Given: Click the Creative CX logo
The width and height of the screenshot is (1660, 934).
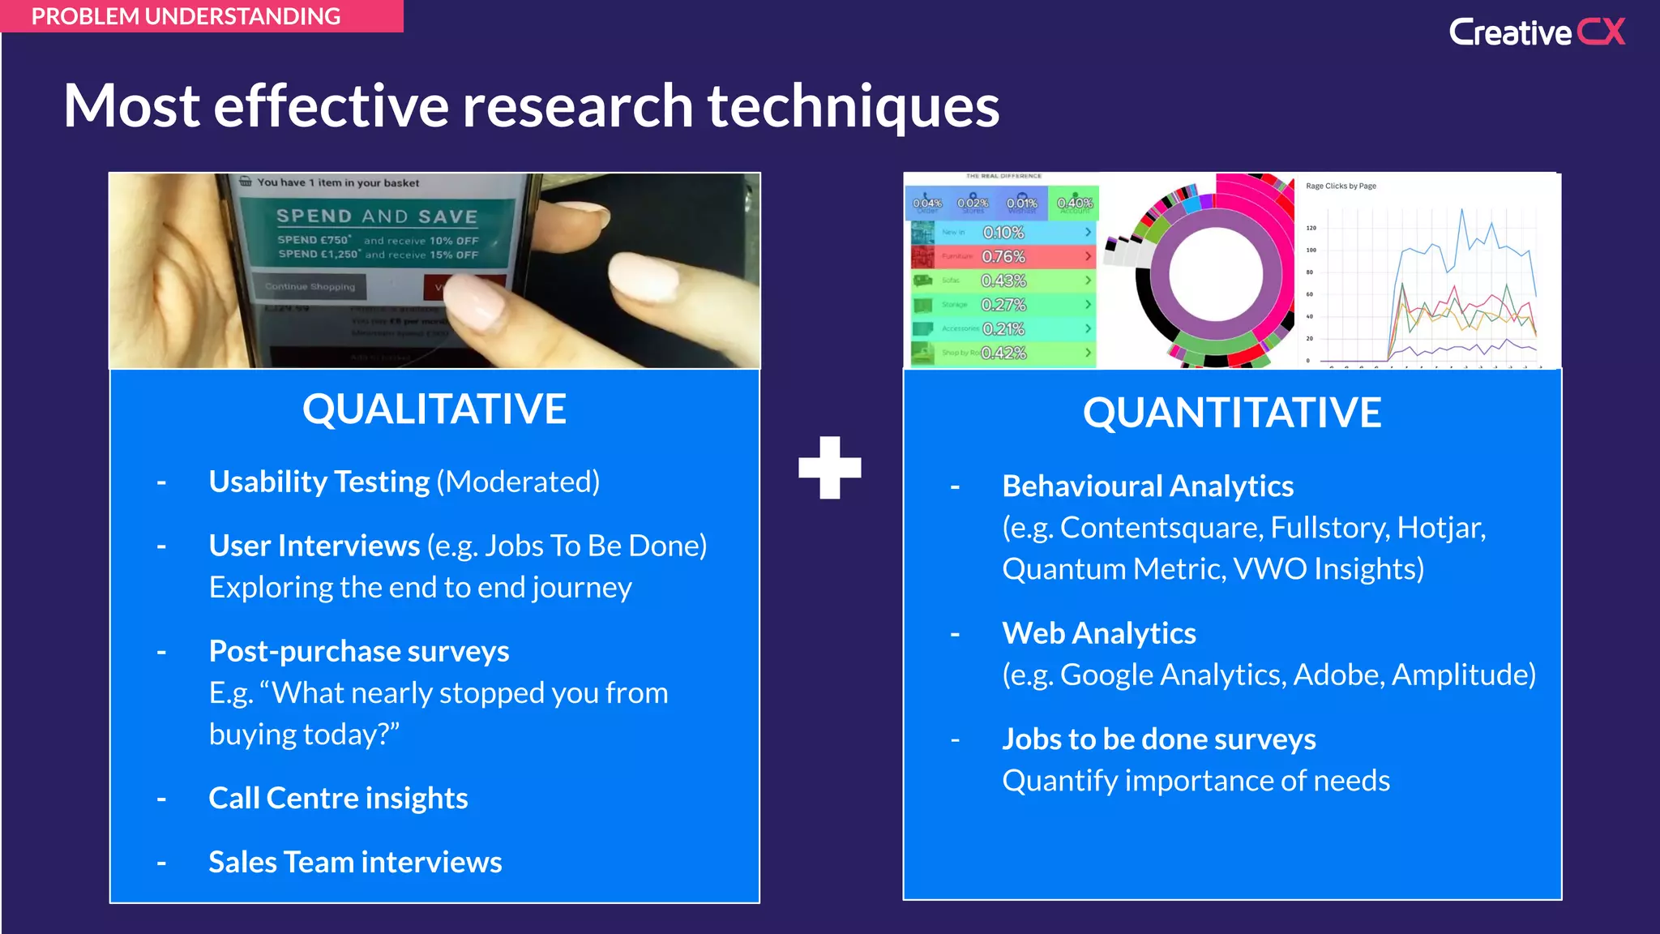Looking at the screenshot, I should point(1536,32).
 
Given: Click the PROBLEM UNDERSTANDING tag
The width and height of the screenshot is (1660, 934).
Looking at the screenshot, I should point(186,16).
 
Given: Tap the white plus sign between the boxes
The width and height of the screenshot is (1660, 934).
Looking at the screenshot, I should point(829,468).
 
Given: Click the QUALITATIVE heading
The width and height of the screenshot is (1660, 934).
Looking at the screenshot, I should point(434,409).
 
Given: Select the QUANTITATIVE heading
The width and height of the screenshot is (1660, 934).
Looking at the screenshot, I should point(1231,412).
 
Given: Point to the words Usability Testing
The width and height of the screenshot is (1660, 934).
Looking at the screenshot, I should point(319,482).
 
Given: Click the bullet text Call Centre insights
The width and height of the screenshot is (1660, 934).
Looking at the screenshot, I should point(338,798).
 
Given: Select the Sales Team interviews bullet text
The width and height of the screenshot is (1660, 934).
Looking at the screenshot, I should point(355,862).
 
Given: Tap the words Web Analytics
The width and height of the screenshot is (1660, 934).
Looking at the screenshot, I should point(1098,633).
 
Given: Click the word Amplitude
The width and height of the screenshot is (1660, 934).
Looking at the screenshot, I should point(1463,675).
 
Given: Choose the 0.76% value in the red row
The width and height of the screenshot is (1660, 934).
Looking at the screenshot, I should point(1003,257).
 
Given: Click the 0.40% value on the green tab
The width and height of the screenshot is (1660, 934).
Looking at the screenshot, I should point(1075,203).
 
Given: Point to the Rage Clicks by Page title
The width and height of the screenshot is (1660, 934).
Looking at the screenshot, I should point(1341,186).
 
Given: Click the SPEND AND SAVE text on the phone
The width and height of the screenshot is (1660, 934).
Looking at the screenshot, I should point(377,216).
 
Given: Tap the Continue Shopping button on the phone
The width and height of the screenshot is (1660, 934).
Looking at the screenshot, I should point(310,286).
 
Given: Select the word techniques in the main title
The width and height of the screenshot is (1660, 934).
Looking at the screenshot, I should point(854,106).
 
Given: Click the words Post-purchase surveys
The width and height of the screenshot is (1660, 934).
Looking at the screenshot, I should point(359,651).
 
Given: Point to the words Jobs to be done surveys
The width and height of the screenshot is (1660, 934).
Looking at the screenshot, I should point(1158,739).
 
